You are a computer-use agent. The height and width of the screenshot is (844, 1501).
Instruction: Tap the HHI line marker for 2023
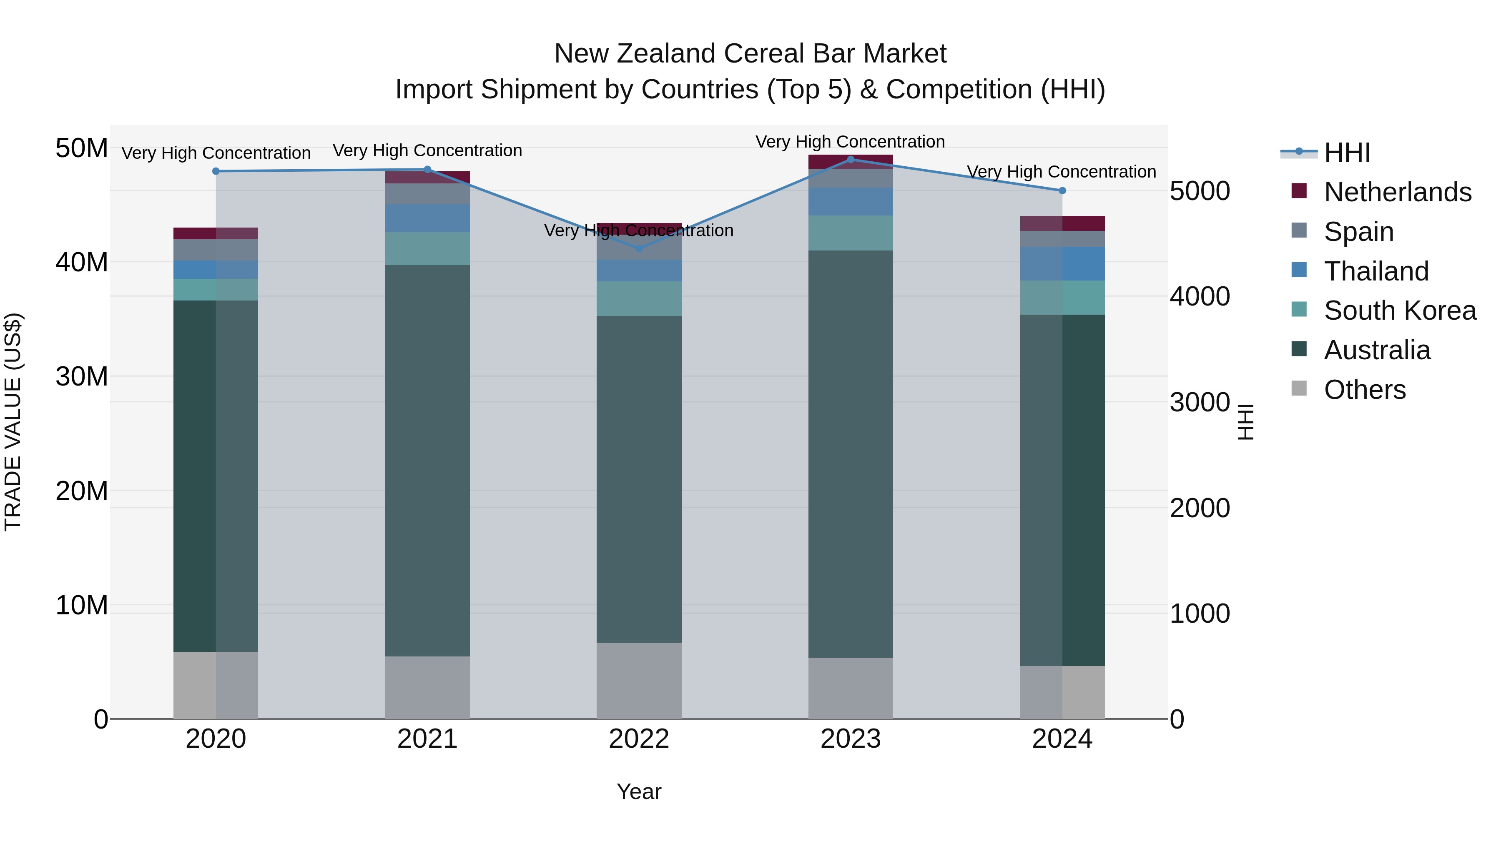[x=850, y=159]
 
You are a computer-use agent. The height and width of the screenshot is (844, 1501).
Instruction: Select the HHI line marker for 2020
[x=216, y=171]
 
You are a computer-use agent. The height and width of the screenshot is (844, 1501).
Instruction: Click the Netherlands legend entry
[x=1397, y=192]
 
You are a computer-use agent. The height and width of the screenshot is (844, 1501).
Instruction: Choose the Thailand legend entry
[x=1376, y=271]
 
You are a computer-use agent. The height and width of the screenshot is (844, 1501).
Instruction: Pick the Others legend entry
[x=1364, y=390]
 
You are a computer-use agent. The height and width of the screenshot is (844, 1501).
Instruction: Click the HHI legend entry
[x=1347, y=153]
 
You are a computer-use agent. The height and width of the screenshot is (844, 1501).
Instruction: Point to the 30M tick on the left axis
[x=82, y=377]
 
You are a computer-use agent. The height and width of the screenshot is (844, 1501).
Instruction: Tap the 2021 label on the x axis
[x=427, y=739]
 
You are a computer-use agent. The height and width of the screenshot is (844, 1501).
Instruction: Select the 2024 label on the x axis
[x=1062, y=739]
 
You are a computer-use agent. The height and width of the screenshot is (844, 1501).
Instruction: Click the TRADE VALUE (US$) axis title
[x=13, y=422]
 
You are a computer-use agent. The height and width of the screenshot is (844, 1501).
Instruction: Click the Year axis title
[x=639, y=791]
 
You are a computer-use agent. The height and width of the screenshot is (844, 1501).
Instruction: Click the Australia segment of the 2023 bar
[x=850, y=454]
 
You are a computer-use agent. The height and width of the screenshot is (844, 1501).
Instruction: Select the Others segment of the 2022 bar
[x=639, y=680]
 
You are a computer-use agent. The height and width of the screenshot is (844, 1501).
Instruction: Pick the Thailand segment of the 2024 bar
[x=1062, y=263]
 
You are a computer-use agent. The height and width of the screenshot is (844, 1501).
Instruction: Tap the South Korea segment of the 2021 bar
[x=427, y=249]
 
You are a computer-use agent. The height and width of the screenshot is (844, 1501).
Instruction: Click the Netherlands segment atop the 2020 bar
[x=216, y=233]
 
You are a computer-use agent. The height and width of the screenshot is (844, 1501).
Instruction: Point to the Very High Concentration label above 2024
[x=1061, y=172]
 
